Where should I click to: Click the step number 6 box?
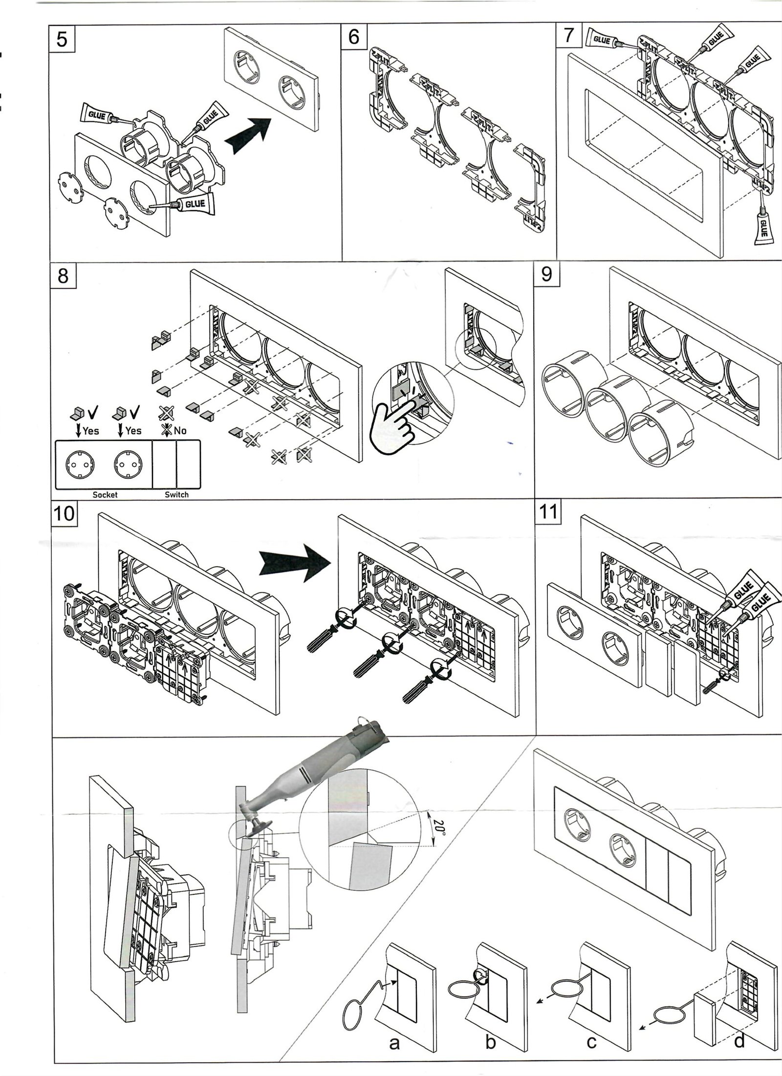point(354,37)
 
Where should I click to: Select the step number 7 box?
point(568,36)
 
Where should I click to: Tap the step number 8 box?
point(63,276)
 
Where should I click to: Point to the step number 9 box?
point(547,274)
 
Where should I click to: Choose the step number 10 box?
point(64,513)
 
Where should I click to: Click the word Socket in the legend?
point(105,495)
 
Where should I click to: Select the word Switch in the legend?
point(176,495)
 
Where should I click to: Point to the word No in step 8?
point(180,431)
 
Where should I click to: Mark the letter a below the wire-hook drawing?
point(394,1040)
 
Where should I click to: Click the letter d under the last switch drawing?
point(739,1038)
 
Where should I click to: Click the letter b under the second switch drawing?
point(491,1039)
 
